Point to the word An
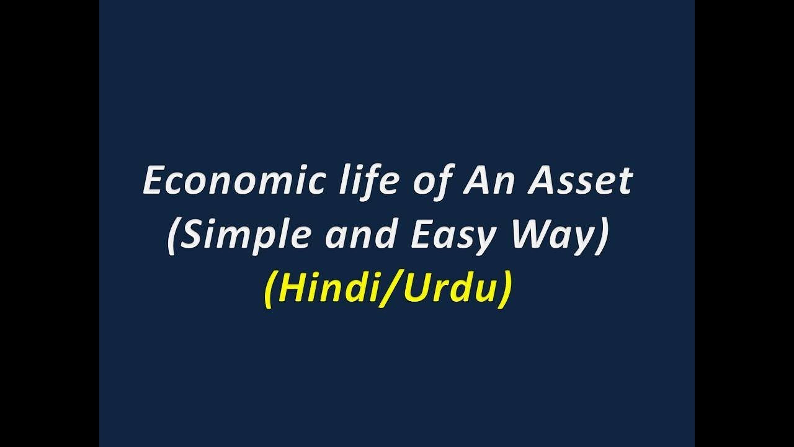click(485, 182)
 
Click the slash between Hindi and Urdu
click(383, 289)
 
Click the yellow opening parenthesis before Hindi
click(270, 290)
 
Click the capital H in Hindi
click(290, 289)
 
